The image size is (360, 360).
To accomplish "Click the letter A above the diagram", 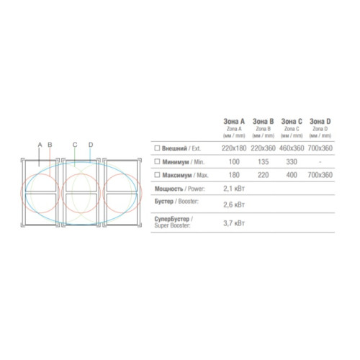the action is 40,145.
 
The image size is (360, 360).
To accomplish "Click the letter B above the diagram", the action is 50,145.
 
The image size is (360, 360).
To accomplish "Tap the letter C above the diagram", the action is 75,145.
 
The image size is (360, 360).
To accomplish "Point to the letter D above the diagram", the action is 91,145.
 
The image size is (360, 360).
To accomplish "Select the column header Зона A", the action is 234,122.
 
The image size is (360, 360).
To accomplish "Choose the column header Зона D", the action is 320,122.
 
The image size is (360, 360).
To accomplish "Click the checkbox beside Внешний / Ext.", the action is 157,148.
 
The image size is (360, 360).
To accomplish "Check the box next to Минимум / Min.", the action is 157,161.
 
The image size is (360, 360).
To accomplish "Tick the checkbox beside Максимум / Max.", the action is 157,175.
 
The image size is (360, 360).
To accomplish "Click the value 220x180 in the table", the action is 234,148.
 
